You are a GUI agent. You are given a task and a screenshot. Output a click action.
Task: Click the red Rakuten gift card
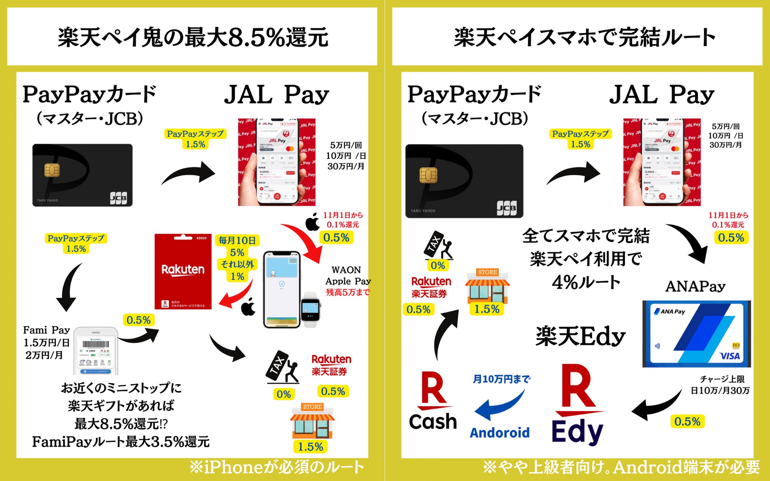183,271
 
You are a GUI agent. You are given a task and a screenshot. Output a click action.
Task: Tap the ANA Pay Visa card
696,334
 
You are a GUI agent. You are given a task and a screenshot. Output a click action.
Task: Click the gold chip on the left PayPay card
52,170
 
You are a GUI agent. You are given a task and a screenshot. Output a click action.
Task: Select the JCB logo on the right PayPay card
506,207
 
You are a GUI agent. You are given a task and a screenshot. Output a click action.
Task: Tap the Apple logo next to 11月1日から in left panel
312,222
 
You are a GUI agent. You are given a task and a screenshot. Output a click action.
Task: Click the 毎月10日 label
237,240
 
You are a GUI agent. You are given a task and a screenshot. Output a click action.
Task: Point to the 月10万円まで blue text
502,379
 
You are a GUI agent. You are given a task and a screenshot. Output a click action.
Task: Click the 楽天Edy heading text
581,336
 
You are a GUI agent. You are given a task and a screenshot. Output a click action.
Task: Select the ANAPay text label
695,286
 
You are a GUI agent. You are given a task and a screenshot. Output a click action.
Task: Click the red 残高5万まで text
348,292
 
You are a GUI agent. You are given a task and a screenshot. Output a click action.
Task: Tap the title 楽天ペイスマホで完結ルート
584,37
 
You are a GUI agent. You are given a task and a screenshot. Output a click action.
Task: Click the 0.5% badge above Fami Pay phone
138,320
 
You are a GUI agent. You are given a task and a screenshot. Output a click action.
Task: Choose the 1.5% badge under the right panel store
487,309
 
